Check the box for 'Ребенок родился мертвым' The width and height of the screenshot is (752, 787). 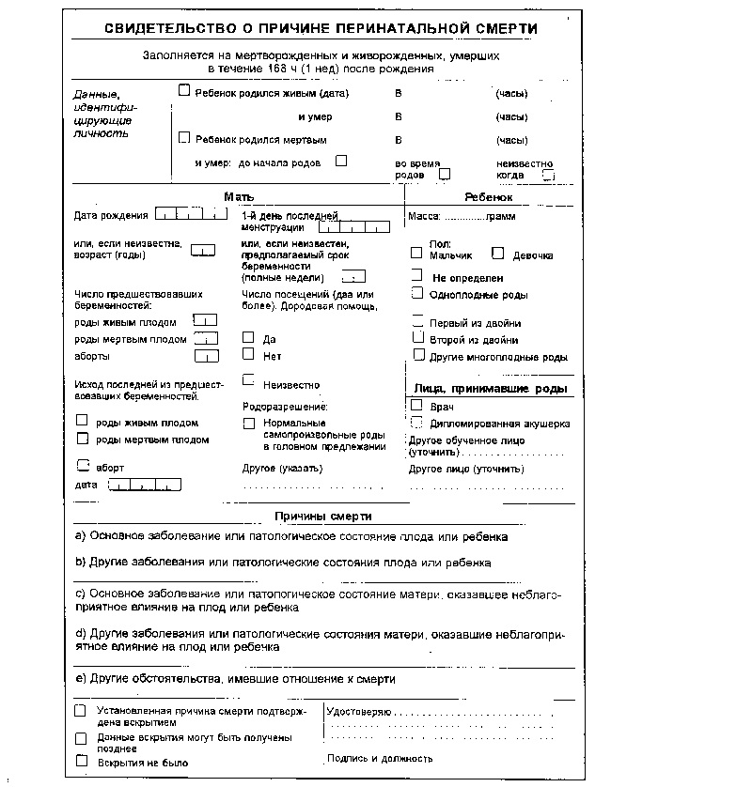point(185,138)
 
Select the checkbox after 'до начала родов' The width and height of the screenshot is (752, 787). point(341,161)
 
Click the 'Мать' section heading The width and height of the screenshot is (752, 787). point(235,197)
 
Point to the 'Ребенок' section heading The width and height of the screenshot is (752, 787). point(489,198)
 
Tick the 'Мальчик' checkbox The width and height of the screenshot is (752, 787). point(416,253)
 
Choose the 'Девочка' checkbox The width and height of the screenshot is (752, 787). point(499,253)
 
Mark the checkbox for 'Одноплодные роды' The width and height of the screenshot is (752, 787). point(418,293)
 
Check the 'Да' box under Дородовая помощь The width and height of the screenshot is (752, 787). point(248,336)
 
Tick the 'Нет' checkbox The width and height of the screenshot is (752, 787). point(248,354)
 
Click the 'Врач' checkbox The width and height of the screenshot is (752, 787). point(416,405)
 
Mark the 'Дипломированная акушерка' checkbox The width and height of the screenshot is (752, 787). point(416,423)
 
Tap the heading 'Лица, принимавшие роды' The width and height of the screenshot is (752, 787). point(491,389)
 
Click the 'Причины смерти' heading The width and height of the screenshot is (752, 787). point(323,517)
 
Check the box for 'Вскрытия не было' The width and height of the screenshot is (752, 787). point(81,762)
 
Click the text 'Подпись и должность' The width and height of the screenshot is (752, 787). point(380,758)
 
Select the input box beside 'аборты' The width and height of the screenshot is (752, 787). point(206,356)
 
